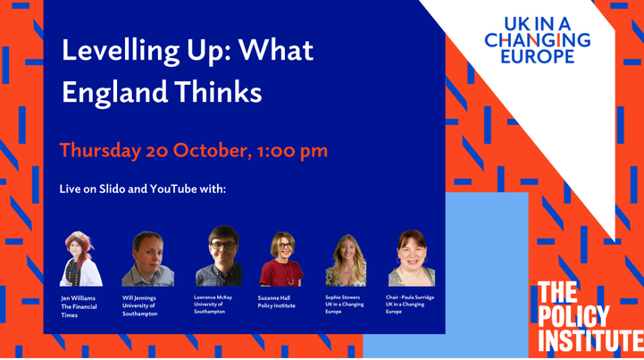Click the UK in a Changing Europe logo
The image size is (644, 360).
537,40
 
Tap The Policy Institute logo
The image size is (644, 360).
590,316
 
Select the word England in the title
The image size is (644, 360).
115,92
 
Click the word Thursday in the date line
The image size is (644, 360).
100,151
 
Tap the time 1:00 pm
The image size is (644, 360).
292,151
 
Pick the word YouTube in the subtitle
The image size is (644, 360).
173,189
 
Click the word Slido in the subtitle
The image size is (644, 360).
113,189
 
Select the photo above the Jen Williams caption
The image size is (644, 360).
81,258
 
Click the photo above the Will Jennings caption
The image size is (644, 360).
148,259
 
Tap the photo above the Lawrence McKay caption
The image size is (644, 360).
219,255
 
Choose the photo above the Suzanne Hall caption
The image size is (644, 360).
281,259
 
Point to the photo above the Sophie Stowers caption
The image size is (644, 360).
346,260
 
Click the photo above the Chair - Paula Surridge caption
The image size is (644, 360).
412,258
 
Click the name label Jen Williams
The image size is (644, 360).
78,298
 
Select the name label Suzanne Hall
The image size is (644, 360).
274,298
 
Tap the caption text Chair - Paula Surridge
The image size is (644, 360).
410,297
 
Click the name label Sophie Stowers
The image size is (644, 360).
342,297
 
